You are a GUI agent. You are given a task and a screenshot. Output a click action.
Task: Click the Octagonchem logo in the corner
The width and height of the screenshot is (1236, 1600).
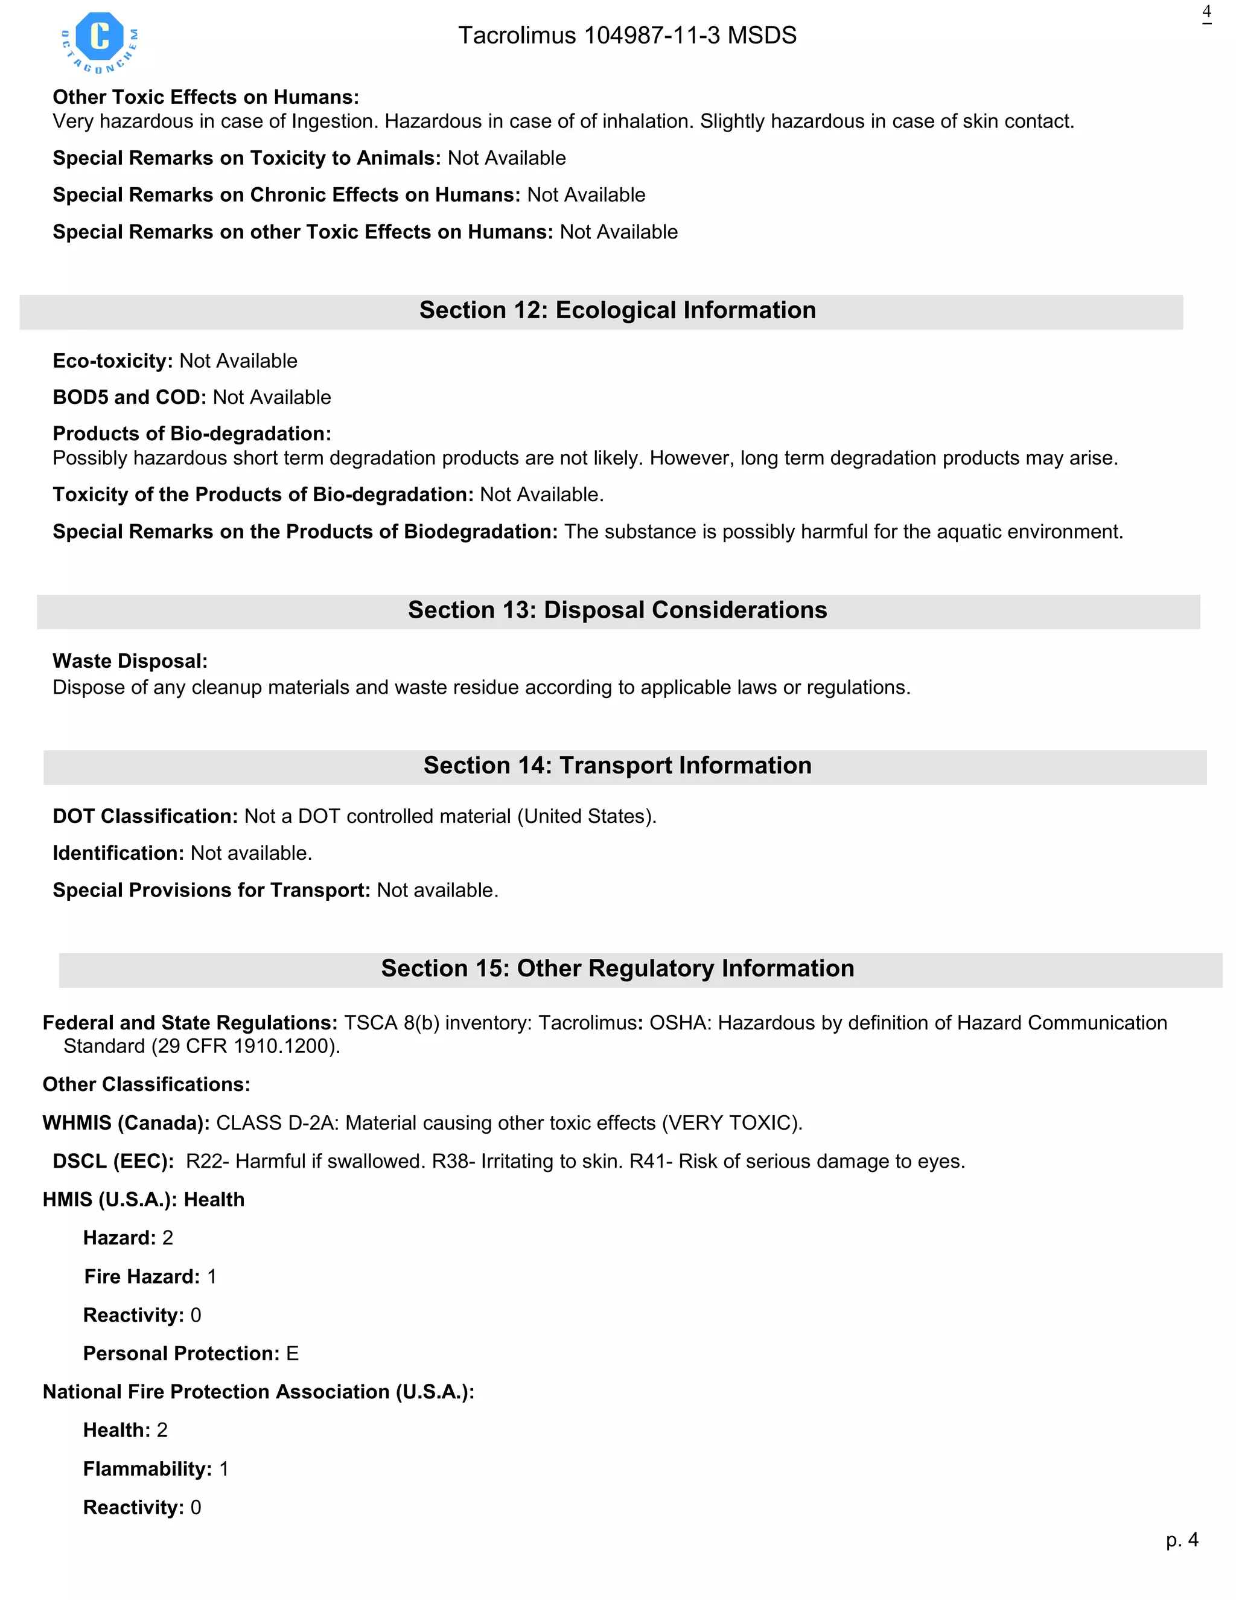tap(100, 42)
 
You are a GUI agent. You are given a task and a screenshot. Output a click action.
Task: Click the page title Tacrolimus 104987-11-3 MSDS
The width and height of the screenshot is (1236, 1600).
tap(627, 35)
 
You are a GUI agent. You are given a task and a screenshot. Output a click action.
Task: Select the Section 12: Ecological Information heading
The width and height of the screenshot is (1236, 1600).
tap(617, 310)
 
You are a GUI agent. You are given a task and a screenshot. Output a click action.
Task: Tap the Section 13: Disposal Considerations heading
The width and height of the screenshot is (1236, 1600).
tap(617, 610)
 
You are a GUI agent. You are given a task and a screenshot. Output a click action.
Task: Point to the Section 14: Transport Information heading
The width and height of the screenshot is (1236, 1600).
tap(617, 766)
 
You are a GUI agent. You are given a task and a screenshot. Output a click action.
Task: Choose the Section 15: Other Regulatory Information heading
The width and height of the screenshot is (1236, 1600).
tap(617, 968)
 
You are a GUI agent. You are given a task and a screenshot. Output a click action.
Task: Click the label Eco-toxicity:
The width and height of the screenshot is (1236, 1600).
tap(112, 361)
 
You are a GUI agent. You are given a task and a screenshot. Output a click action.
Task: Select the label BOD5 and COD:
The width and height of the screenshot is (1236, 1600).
tap(129, 398)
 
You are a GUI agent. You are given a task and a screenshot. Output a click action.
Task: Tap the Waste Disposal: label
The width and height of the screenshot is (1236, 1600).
tap(130, 662)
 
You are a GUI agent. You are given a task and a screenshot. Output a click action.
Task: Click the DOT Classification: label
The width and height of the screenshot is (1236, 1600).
tap(144, 817)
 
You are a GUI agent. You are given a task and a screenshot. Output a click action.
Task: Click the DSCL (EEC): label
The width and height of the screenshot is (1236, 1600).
tap(113, 1161)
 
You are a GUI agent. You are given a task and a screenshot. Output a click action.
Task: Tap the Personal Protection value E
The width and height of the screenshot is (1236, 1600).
tap(292, 1354)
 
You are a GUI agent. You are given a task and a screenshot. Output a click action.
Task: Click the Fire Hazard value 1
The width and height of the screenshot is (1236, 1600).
tap(212, 1277)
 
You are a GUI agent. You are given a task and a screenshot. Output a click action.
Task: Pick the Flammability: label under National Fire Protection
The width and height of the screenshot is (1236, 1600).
tap(147, 1469)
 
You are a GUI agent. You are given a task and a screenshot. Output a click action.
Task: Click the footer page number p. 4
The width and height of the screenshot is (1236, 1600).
tap(1181, 1540)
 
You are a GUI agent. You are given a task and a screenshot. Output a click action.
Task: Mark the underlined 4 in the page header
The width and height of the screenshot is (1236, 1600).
tap(1206, 13)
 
